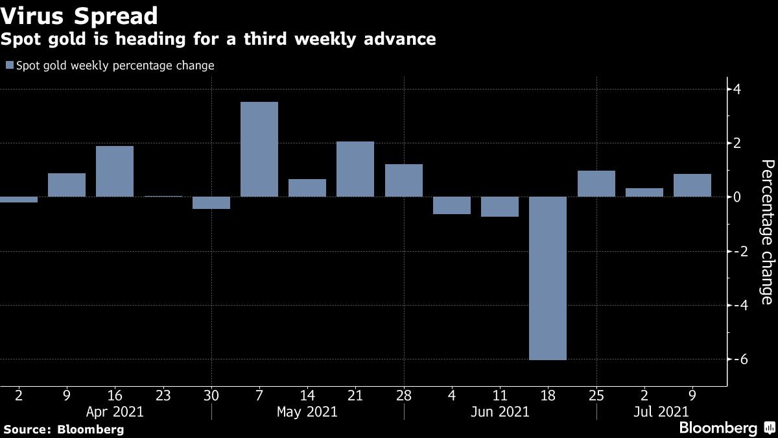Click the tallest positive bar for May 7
pos(259,149)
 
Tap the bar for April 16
pos(115,171)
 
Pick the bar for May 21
pos(355,169)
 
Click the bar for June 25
pos(596,184)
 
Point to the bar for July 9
pos(692,185)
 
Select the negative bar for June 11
pos(500,206)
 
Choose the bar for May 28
pos(404,180)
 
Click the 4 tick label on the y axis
pos(738,89)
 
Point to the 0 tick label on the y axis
pos(738,197)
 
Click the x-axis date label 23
pos(163,394)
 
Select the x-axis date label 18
pos(548,394)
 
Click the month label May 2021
pos(307,411)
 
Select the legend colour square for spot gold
pos(9,66)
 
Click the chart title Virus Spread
pos(79,15)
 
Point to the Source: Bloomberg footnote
pos(64,429)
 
